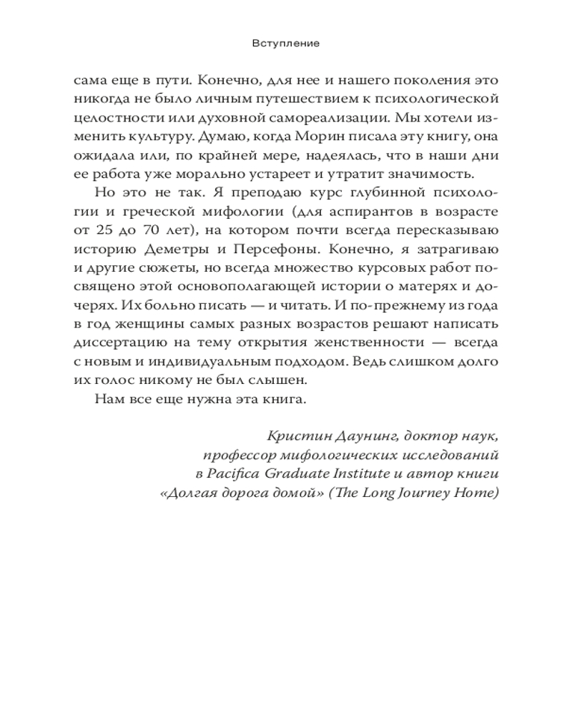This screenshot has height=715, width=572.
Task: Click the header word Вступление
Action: [x=285, y=44]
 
